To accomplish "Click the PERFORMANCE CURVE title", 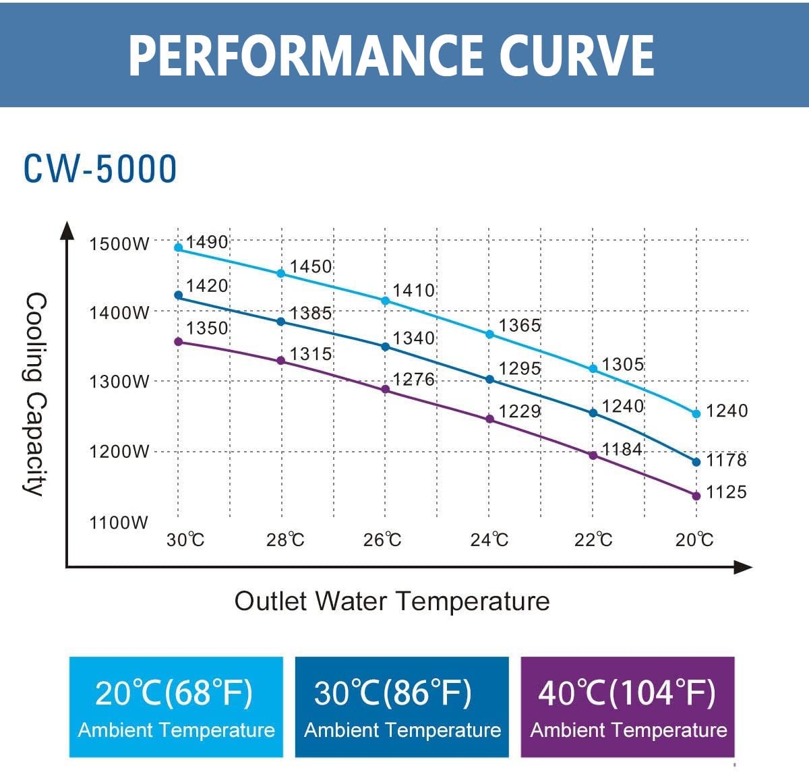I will tap(391, 55).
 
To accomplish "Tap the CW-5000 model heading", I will tap(100, 169).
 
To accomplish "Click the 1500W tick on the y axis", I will tap(119, 243).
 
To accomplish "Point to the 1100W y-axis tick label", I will tap(119, 523).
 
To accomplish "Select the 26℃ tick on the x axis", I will tap(382, 540).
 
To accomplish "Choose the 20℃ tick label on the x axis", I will tap(694, 540).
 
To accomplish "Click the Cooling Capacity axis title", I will tap(35, 394).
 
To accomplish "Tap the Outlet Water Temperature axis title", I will tap(392, 601).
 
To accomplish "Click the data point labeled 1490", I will tap(179, 247).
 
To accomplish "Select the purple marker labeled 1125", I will tap(696, 496).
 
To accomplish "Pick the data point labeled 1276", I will tap(386, 390).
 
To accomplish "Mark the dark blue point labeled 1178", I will tap(696, 462).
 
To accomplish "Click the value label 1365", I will tap(519, 326).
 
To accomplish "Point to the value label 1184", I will tap(622, 449).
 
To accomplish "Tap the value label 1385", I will tap(311, 313).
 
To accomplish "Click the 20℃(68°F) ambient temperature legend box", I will tap(176, 707).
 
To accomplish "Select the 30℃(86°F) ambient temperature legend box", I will tap(402, 707).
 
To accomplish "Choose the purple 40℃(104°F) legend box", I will tap(628, 707).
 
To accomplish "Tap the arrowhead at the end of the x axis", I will tap(743, 568).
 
